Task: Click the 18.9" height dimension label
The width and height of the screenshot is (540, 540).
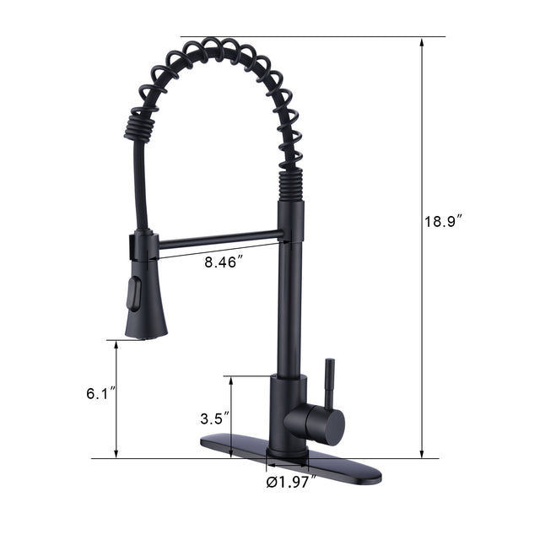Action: click(x=441, y=222)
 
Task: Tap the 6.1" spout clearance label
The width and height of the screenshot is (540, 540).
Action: click(x=100, y=394)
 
